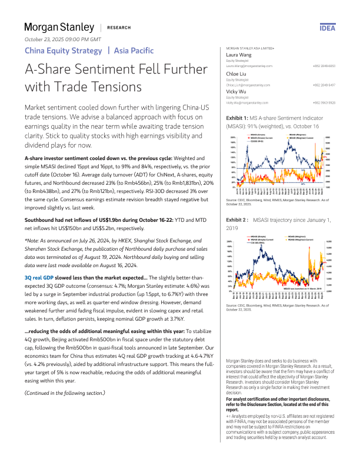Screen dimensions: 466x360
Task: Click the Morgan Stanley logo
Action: [59, 27]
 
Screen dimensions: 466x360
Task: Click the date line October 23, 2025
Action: [63, 39]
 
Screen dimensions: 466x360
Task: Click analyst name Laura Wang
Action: [239, 54]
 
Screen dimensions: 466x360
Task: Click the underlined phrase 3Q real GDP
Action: [39, 259]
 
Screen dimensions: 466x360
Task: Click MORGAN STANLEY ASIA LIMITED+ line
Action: [251, 47]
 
